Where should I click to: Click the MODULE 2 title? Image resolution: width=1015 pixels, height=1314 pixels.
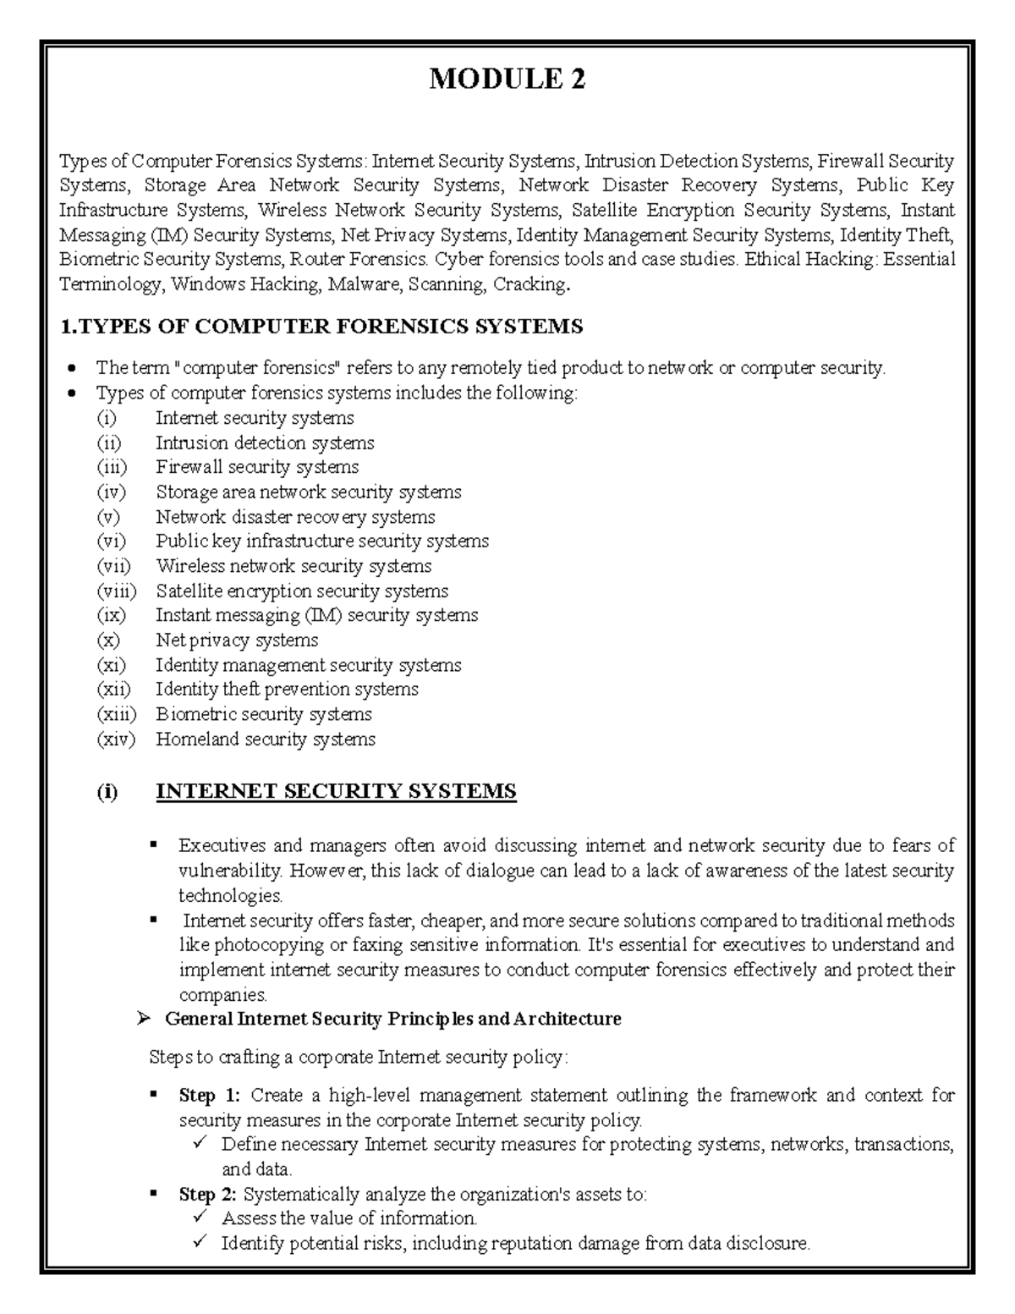coord(507,80)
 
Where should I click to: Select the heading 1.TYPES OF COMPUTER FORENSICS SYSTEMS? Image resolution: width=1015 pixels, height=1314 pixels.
coord(321,327)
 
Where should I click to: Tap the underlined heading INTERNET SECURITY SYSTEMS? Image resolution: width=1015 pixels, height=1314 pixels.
coord(336,792)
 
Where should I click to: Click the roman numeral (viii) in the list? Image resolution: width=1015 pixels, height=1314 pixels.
coord(116,591)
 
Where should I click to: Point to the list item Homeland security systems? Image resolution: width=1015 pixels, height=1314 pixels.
coord(265,739)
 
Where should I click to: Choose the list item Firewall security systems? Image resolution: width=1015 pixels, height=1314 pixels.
coord(256,467)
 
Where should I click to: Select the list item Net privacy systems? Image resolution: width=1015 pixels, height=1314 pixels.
coord(236,641)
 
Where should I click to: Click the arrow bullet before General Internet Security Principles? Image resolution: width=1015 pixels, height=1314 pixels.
coord(143,1020)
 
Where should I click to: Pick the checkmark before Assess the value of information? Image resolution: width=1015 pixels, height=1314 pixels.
coord(200,1218)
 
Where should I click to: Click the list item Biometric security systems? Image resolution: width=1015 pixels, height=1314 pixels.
coord(263,714)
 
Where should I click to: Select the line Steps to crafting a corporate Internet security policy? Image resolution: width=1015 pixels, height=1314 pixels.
coord(359,1058)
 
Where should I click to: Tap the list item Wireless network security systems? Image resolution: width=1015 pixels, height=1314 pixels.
coord(293,566)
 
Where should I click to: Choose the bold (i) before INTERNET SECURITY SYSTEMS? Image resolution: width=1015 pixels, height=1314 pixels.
coord(107,793)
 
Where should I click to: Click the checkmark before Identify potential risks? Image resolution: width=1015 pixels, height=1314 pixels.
coord(200,1244)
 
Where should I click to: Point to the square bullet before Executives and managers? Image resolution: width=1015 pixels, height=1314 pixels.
coord(154,844)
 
